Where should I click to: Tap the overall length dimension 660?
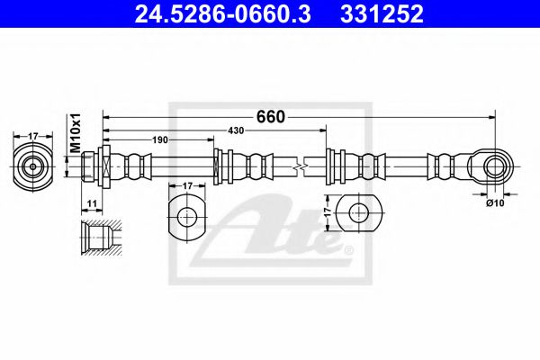point(271,117)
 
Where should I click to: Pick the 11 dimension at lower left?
point(94,204)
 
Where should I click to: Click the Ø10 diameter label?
point(493,203)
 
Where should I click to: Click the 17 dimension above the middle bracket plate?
point(187,186)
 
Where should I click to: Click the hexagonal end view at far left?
point(33,166)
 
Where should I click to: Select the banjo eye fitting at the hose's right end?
point(491,166)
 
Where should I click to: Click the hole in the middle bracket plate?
point(187,217)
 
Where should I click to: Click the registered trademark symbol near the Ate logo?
point(341,247)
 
